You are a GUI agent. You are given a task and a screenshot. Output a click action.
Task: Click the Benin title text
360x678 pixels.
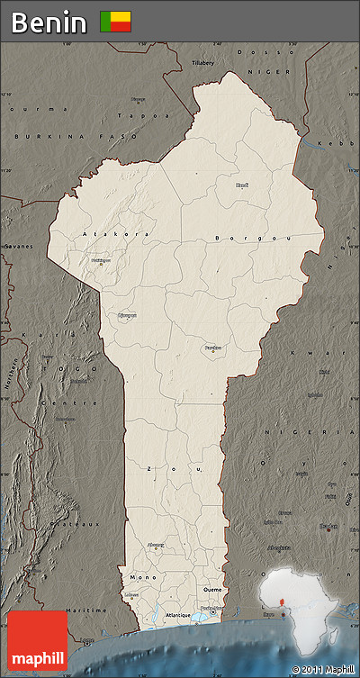point(49,22)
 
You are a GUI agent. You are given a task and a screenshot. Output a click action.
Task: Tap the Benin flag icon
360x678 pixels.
point(115,22)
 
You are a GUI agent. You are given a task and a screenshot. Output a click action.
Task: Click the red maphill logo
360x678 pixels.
point(38,640)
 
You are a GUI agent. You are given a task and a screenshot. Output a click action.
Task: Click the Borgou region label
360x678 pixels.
point(240,238)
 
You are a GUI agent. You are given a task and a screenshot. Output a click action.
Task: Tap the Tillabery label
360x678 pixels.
point(203,62)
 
